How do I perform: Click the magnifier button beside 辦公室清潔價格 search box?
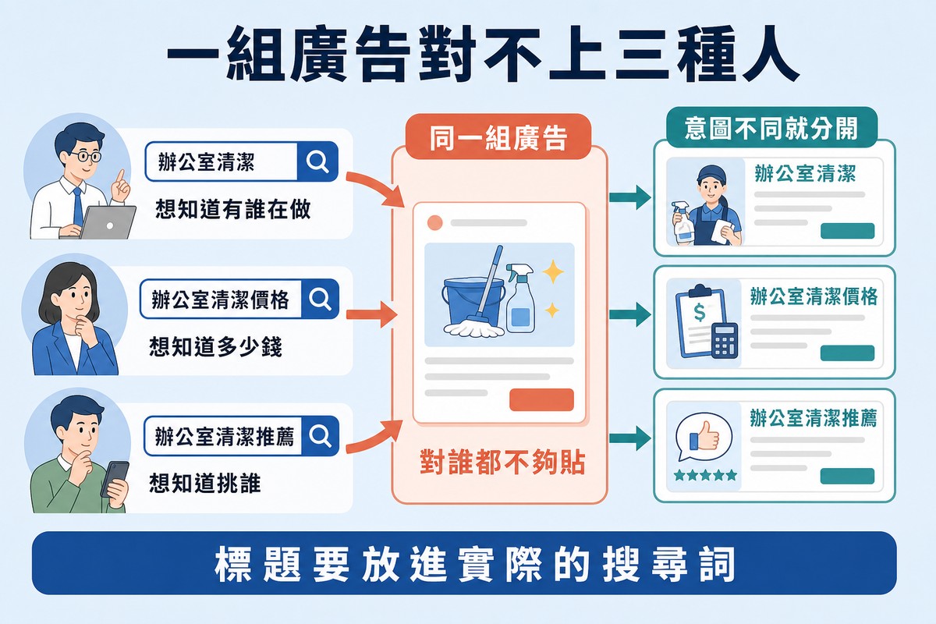point(320,299)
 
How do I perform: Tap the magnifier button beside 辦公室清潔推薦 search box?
point(320,435)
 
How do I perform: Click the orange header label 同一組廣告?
point(498,137)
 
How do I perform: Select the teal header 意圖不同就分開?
point(771,128)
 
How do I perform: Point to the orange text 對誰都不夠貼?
point(502,463)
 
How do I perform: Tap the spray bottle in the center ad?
point(520,298)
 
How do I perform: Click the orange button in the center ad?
point(541,399)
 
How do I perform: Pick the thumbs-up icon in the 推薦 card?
point(704,435)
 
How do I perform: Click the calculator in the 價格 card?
point(725,340)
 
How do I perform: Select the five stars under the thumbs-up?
point(705,475)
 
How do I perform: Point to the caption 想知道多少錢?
point(215,346)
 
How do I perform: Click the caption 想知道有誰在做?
point(233,209)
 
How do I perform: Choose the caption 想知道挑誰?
point(204,483)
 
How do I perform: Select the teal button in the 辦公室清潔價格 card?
point(847,353)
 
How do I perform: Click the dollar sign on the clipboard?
point(699,312)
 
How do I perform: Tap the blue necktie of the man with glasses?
point(78,207)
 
